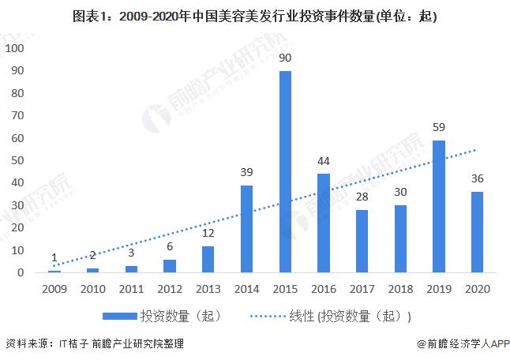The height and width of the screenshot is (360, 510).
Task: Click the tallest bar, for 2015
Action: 285,171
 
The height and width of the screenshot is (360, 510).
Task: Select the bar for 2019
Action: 439,206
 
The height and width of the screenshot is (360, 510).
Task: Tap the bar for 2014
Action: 246,229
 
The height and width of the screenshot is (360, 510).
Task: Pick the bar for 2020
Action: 478,232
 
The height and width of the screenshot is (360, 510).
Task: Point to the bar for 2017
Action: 362,241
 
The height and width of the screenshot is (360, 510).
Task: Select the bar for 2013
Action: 208,259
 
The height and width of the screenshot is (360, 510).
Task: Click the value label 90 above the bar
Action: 285,58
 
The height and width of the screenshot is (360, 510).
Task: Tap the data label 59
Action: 439,128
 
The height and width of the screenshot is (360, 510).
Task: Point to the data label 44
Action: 324,161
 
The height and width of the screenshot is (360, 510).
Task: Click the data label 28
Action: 362,197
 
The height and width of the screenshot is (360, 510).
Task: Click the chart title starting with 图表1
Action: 254,16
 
